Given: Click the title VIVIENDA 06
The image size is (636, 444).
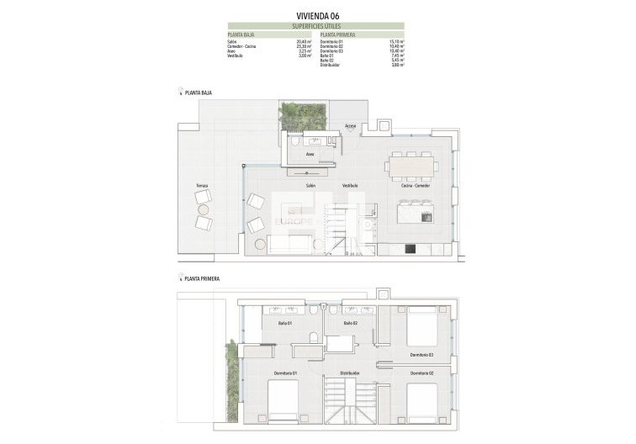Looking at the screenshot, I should point(318,15).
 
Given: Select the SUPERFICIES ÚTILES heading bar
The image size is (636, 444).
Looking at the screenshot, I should point(318,25).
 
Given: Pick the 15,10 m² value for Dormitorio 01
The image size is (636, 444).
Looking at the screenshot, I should point(398,41).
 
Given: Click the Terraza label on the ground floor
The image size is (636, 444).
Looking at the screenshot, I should point(202,185).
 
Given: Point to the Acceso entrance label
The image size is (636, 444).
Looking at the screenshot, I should point(351,126).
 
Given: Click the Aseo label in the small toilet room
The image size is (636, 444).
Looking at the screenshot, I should point(310,156).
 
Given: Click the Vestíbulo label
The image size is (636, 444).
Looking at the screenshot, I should point(350,185).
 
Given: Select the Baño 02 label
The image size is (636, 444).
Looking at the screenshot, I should point(352,323).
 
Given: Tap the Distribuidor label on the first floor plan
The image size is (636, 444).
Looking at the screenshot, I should point(350,373).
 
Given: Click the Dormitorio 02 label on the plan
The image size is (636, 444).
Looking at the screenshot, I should point(421,373).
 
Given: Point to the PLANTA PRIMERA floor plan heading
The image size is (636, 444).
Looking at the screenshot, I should point(195,277).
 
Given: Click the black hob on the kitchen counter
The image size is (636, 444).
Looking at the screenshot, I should point(411,247).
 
